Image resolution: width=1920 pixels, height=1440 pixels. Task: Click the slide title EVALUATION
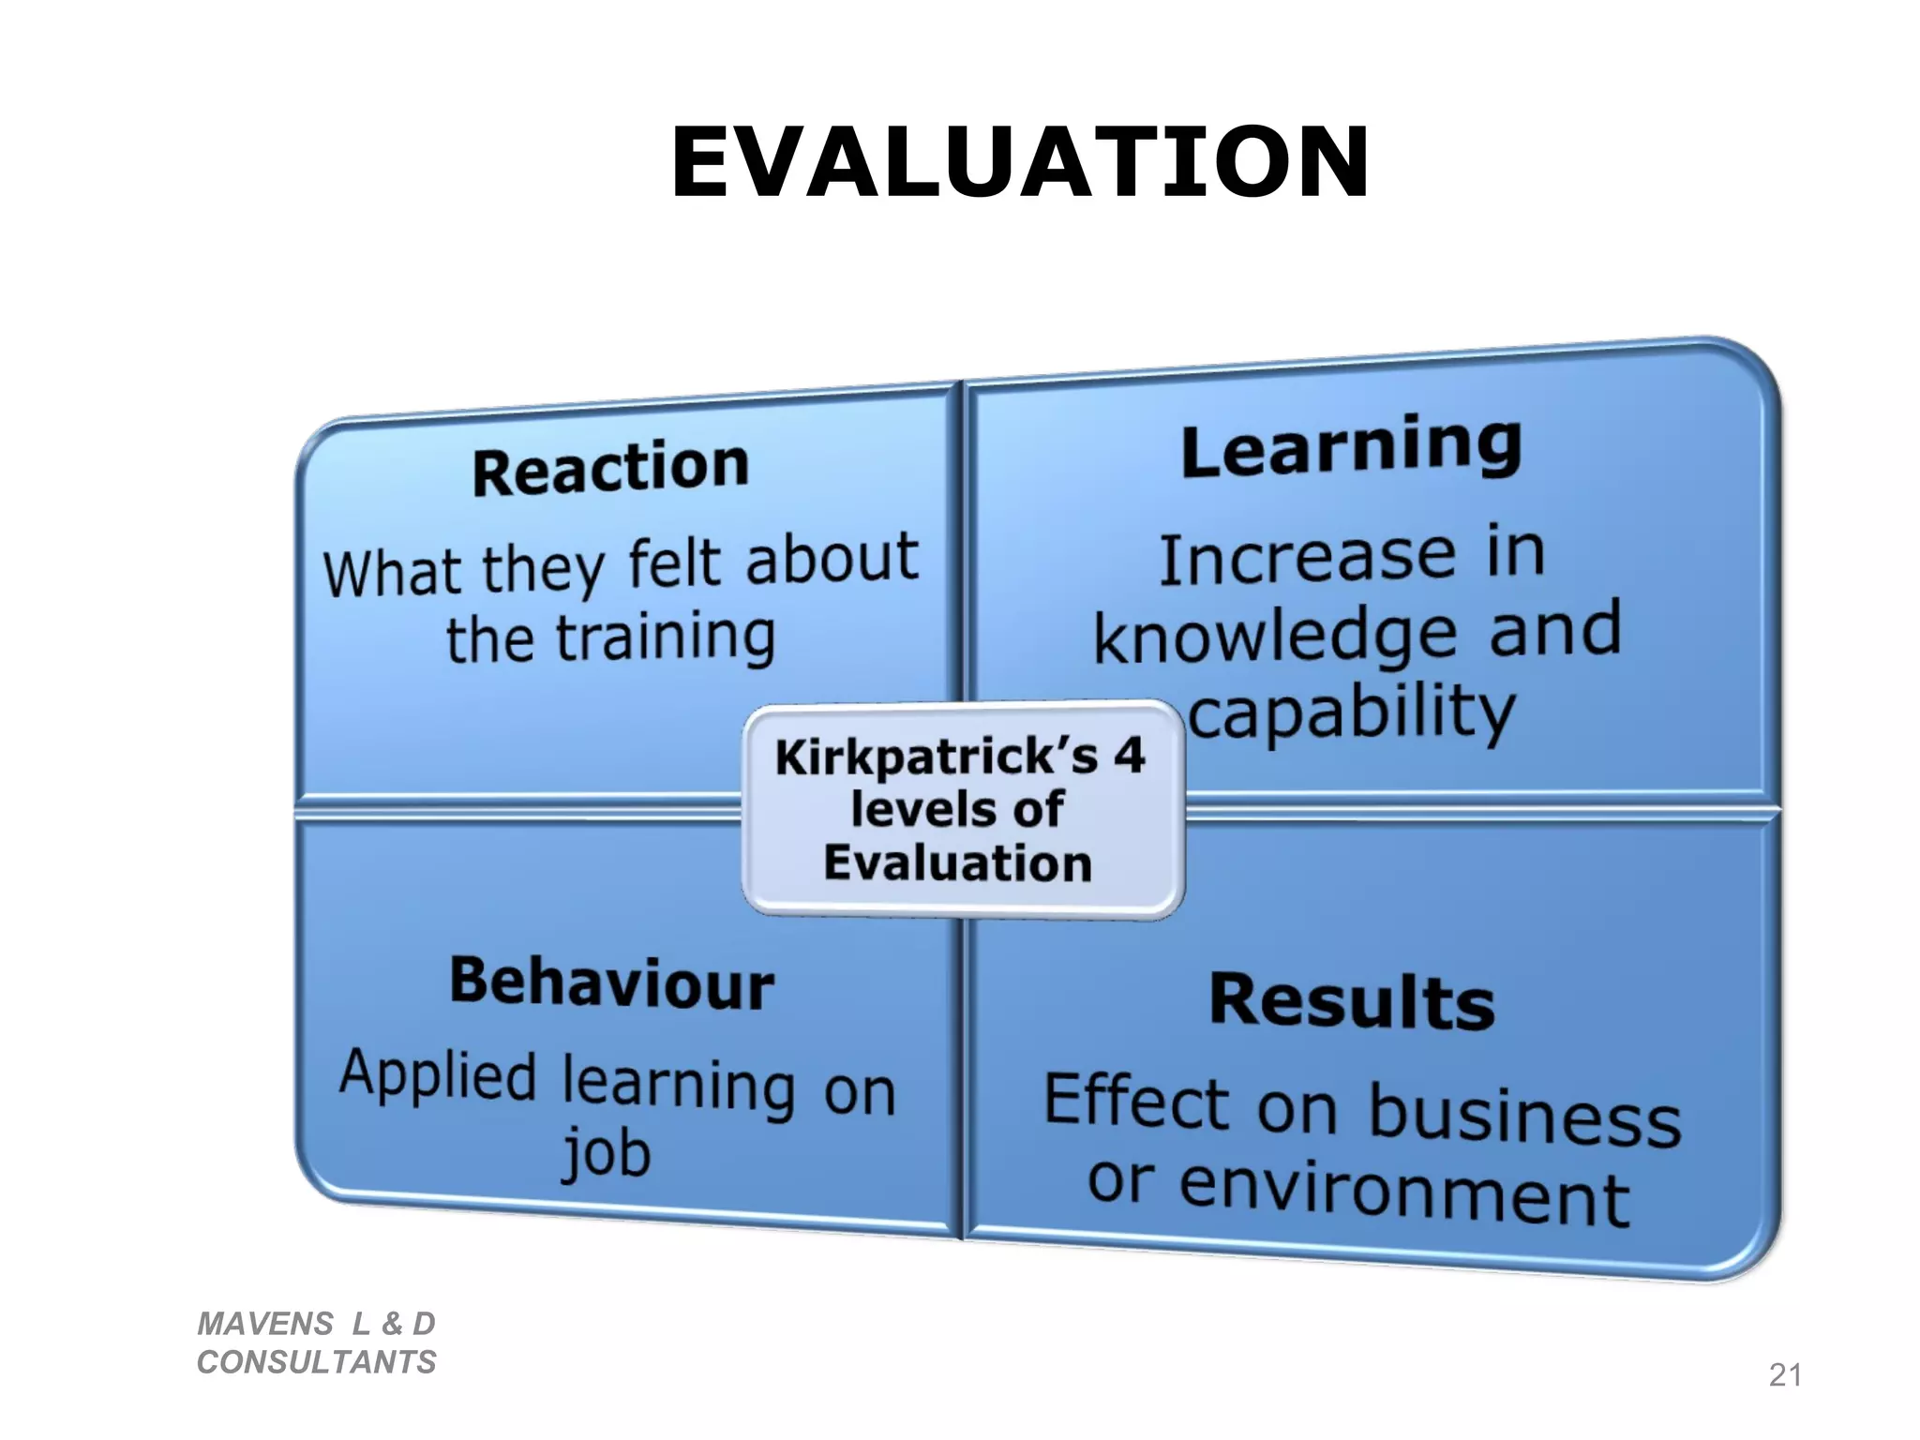tap(1020, 163)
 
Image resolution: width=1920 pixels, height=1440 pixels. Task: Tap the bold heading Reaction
tap(610, 468)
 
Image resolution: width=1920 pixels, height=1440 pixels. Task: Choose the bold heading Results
tap(1351, 1001)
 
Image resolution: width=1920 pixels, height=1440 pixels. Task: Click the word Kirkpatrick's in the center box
tap(936, 757)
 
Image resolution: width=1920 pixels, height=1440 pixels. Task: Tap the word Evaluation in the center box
tap(957, 862)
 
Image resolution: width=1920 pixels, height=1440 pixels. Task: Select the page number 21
tap(1784, 1374)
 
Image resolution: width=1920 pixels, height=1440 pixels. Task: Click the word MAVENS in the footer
tap(265, 1324)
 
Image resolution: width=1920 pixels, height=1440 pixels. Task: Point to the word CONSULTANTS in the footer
tap(317, 1362)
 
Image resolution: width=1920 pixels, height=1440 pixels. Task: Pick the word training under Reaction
tap(666, 637)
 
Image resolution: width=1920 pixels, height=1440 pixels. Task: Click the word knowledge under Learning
tap(1275, 637)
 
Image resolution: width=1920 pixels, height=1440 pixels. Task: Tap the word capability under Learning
tap(1351, 712)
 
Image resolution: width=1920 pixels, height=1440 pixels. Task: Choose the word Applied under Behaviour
tap(438, 1076)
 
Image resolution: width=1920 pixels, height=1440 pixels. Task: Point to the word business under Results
tap(1524, 1116)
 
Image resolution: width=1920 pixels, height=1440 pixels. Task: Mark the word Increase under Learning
tap(1308, 559)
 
